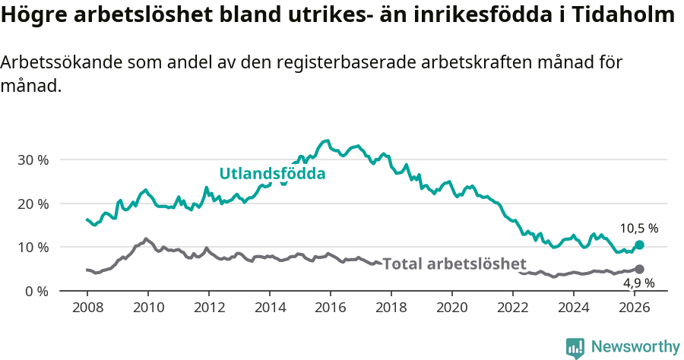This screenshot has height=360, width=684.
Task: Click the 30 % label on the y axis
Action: click(33, 160)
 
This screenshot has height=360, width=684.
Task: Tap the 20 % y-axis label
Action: click(33, 204)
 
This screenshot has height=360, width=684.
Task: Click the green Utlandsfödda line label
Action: click(272, 174)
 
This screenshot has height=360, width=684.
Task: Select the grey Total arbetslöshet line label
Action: click(454, 264)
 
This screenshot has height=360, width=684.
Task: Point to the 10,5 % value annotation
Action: click(638, 228)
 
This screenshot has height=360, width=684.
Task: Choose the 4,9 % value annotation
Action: click(639, 283)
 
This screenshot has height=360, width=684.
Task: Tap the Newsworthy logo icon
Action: click(575, 348)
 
